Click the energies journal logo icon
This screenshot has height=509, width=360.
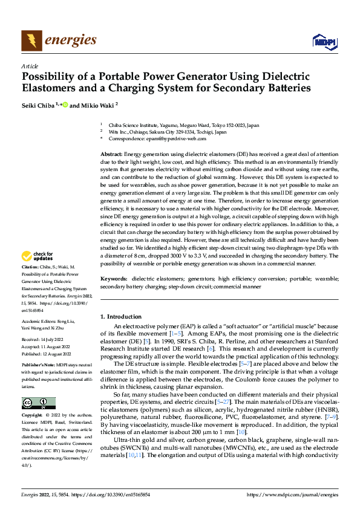[x=31, y=41]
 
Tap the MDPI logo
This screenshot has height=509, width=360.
[x=324, y=41]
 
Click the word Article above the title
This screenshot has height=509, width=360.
[x=30, y=65]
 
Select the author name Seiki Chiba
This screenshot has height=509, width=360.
[x=38, y=105]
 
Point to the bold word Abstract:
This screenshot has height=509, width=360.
[x=111, y=155]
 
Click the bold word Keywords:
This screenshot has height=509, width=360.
[x=113, y=279]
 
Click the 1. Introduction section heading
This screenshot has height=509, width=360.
[x=120, y=317]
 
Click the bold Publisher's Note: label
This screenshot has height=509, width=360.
[x=38, y=365]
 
